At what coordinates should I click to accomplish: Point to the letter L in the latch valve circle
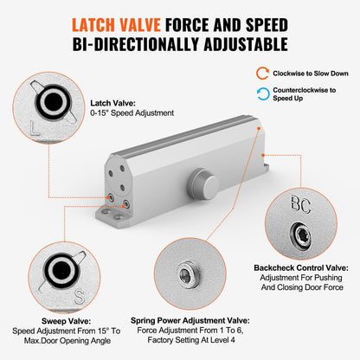point(32,131)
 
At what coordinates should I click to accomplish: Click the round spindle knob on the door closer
point(204,182)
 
